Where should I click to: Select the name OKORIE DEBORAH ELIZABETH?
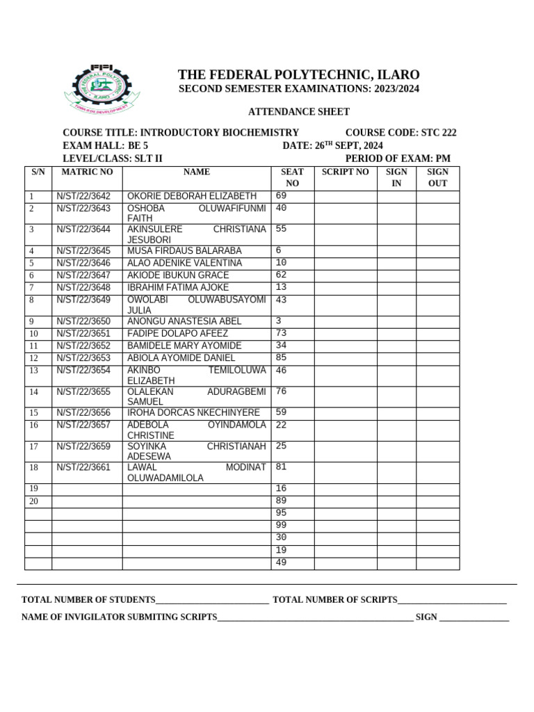(192, 196)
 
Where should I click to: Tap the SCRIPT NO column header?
(345, 172)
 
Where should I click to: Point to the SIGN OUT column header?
(437, 177)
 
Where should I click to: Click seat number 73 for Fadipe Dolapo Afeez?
(281, 333)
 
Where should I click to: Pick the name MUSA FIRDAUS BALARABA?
(184, 250)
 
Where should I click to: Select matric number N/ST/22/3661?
(83, 467)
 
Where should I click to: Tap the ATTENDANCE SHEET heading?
(299, 112)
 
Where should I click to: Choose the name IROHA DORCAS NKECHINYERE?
(193, 412)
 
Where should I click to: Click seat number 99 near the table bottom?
(281, 525)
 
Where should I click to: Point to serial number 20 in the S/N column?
(33, 501)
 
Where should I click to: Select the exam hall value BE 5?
(138, 145)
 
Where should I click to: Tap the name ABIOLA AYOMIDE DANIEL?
(181, 358)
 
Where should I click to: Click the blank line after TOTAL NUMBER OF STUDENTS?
(212, 600)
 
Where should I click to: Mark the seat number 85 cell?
(281, 358)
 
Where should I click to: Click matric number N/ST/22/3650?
(83, 321)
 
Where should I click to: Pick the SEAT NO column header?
(292, 177)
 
